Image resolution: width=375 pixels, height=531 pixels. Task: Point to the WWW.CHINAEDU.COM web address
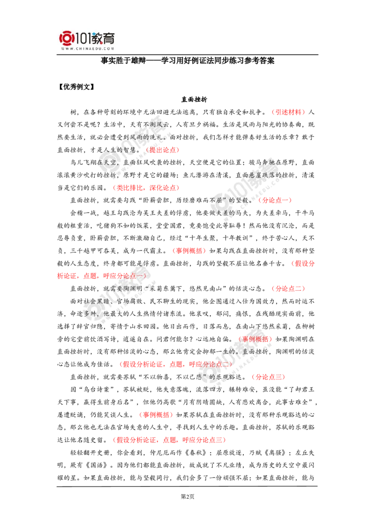[x=87, y=48]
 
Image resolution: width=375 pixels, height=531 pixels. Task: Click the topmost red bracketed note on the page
[x=288, y=112]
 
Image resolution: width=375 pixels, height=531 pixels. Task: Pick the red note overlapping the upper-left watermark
[x=162, y=150]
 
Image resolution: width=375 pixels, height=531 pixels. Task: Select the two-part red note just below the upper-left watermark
[x=146, y=188]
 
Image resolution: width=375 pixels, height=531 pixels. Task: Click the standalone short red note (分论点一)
[x=275, y=200]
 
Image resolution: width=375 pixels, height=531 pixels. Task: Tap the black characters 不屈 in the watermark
[x=217, y=200]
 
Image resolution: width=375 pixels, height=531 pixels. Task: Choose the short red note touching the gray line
[x=303, y=264]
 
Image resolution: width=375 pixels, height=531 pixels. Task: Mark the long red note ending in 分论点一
[x=101, y=276]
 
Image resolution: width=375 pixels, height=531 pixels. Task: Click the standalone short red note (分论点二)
[x=288, y=288]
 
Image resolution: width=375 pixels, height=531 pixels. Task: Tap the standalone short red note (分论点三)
[x=268, y=377]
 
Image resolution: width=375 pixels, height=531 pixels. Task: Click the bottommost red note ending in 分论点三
[x=170, y=440]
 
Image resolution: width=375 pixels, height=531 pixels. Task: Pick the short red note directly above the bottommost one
[x=156, y=415]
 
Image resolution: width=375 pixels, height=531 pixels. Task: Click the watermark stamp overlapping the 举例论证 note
[x=234, y=357]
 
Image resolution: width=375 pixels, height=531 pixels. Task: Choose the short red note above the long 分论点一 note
[x=189, y=251]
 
